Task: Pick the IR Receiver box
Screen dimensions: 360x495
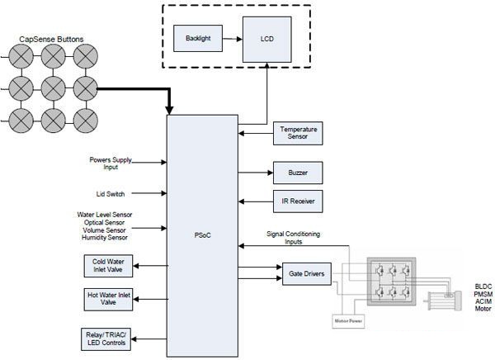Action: click(x=297, y=201)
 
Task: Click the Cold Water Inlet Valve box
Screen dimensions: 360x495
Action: click(x=108, y=266)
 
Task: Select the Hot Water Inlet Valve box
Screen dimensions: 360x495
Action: click(x=108, y=299)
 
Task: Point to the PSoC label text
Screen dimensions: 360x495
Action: click(x=202, y=234)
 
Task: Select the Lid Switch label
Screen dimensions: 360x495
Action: click(x=108, y=194)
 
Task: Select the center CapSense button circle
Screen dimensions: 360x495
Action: click(x=54, y=86)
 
